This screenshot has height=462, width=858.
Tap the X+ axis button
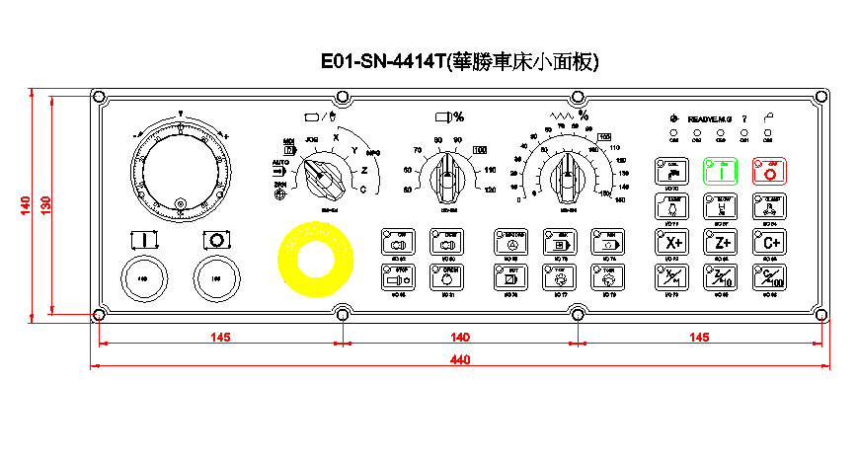pyautogui.click(x=673, y=242)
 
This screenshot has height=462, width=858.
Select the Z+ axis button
pyautogui.click(x=722, y=242)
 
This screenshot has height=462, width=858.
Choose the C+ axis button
pyautogui.click(x=771, y=242)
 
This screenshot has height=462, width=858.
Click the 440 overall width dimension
pyautogui.click(x=459, y=360)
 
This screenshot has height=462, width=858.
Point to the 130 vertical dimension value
pyautogui.click(x=45, y=204)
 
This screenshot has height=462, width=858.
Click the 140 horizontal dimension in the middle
pyautogui.click(x=459, y=338)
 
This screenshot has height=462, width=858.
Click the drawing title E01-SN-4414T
pyautogui.click(x=383, y=62)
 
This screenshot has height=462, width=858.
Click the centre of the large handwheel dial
pyautogui.click(x=180, y=167)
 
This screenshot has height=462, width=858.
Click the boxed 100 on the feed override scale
pyautogui.click(x=480, y=150)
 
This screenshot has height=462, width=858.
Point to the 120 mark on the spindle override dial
pyautogui.click(x=490, y=191)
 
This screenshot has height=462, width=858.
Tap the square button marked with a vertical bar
pyautogui.click(x=144, y=241)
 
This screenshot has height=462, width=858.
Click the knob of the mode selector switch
pyautogui.click(x=322, y=180)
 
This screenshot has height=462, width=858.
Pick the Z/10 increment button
pyautogui.click(x=722, y=277)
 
